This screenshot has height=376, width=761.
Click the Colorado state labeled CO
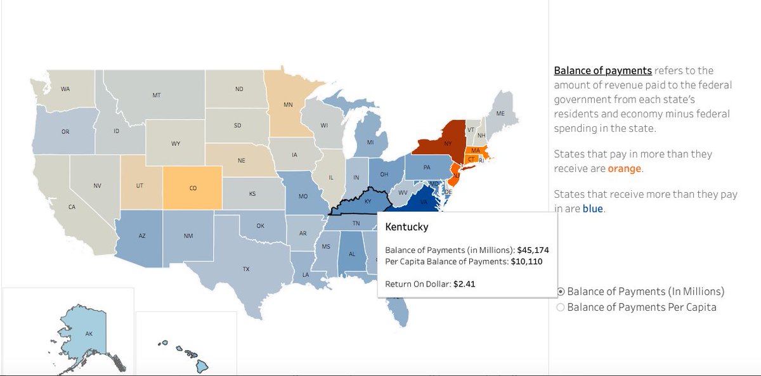click(x=193, y=188)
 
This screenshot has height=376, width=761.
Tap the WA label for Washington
click(x=65, y=89)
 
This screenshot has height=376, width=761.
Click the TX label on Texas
click(x=245, y=269)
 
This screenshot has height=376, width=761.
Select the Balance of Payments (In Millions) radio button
click(x=561, y=292)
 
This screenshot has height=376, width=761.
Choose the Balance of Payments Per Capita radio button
click(x=561, y=308)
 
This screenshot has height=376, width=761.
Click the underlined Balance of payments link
click(x=602, y=70)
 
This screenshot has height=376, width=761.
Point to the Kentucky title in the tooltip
click(x=407, y=226)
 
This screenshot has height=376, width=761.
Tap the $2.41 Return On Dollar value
click(x=464, y=284)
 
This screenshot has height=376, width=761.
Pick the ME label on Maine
click(x=500, y=113)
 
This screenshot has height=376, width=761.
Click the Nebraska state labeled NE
click(x=242, y=161)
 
